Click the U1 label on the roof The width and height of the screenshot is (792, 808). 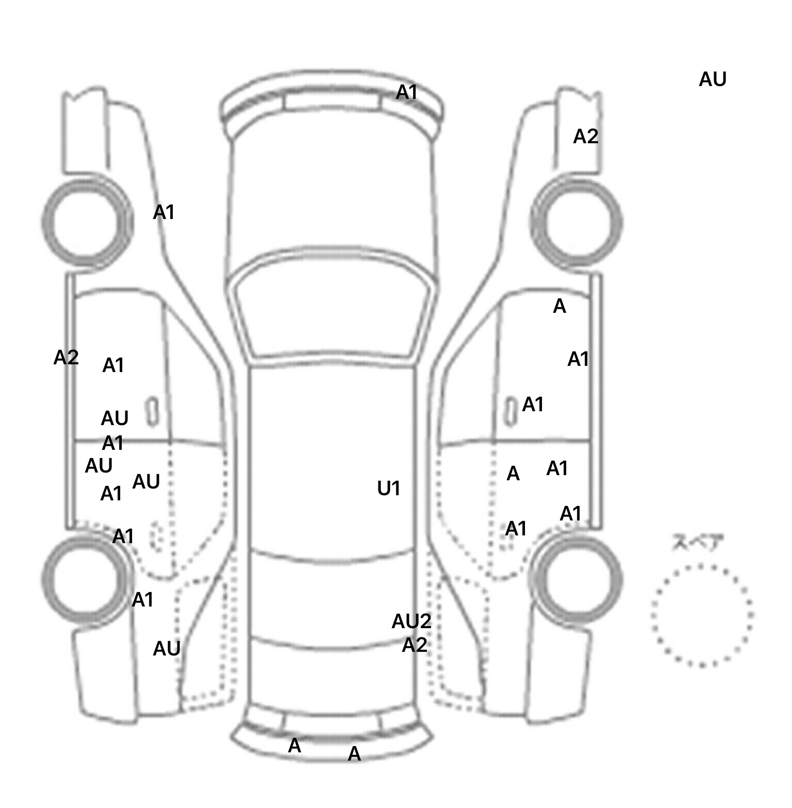[x=388, y=489]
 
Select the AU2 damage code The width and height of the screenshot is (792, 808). [x=411, y=621]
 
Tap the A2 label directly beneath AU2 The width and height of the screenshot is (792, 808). [x=415, y=645]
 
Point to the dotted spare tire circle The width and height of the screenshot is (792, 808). [x=702, y=615]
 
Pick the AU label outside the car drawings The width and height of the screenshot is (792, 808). [x=713, y=80]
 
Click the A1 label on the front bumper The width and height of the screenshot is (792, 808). [x=407, y=93]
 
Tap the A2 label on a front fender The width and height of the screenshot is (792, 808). [x=586, y=137]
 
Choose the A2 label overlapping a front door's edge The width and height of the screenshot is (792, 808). [x=66, y=358]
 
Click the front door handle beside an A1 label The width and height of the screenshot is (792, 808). [x=510, y=411]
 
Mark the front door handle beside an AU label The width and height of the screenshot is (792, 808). [x=153, y=411]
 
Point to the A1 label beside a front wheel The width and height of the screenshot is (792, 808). [x=164, y=212]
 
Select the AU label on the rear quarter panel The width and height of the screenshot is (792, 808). [x=167, y=649]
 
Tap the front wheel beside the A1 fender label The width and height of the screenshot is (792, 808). [x=87, y=222]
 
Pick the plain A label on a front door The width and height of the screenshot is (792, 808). [x=559, y=307]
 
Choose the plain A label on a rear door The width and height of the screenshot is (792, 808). [x=513, y=474]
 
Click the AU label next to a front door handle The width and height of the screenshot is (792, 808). [x=114, y=418]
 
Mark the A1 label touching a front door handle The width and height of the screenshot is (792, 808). [x=533, y=405]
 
